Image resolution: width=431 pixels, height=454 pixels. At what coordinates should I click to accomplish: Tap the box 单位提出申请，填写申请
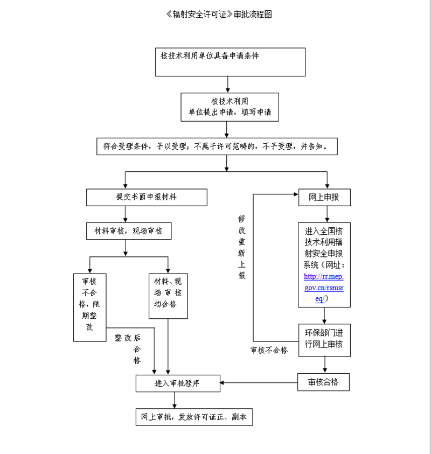pos(230,107)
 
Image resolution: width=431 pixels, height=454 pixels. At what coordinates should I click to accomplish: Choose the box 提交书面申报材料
pos(147,197)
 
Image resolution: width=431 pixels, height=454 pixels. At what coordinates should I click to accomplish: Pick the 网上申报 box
pos(324,197)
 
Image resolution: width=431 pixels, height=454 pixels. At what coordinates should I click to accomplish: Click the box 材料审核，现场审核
pos(129,231)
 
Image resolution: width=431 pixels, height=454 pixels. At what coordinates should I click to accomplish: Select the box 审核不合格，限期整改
pos(89,307)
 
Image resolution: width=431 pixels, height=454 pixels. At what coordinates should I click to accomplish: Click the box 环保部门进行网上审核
pos(324,340)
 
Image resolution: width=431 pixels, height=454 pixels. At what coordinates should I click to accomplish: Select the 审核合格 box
pos(324,382)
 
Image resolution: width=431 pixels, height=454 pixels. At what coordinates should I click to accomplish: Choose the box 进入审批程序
pos(178,383)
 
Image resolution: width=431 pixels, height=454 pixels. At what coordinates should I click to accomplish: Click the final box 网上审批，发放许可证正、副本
pos(193,417)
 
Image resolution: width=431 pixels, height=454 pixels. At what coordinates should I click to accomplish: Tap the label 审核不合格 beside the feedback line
pos(269,351)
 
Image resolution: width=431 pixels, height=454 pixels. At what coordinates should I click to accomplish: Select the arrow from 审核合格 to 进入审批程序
pos(259,383)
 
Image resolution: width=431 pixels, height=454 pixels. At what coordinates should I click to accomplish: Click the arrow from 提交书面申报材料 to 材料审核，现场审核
pos(125,214)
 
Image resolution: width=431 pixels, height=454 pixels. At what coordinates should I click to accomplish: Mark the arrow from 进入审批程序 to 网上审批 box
pos(173,400)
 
